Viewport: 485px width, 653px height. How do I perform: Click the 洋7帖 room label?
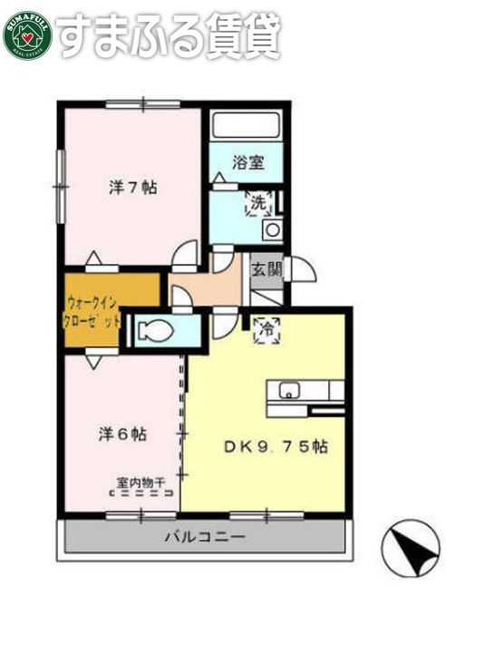point(133,188)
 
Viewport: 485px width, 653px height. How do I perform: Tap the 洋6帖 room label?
point(122,434)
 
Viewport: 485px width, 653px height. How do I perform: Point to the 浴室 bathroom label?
point(247,163)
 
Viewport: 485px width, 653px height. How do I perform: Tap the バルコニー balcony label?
point(204,537)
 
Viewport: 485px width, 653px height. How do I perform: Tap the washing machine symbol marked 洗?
point(258,204)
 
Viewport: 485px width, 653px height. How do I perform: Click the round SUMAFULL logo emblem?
point(27,34)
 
